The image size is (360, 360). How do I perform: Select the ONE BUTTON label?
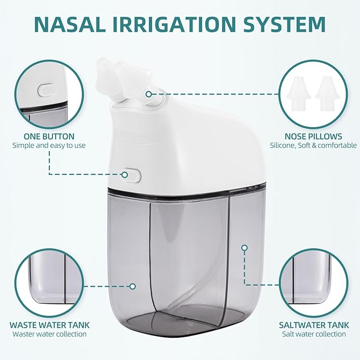[x=49, y=136]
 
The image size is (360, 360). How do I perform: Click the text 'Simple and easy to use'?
[x=49, y=145]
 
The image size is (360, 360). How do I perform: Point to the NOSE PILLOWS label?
[x=313, y=136]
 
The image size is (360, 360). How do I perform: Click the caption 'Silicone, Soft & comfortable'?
[x=313, y=145]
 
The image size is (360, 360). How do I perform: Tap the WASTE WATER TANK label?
[x=49, y=324]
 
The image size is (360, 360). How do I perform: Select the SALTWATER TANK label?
[x=313, y=324]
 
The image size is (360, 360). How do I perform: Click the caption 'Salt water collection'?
[x=313, y=334]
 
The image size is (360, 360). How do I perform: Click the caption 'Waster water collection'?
[x=49, y=334]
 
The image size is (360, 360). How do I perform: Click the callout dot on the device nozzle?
[x=149, y=94]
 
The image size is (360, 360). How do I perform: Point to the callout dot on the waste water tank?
[x=133, y=286]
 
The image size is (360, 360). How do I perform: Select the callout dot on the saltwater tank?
[x=244, y=247]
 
